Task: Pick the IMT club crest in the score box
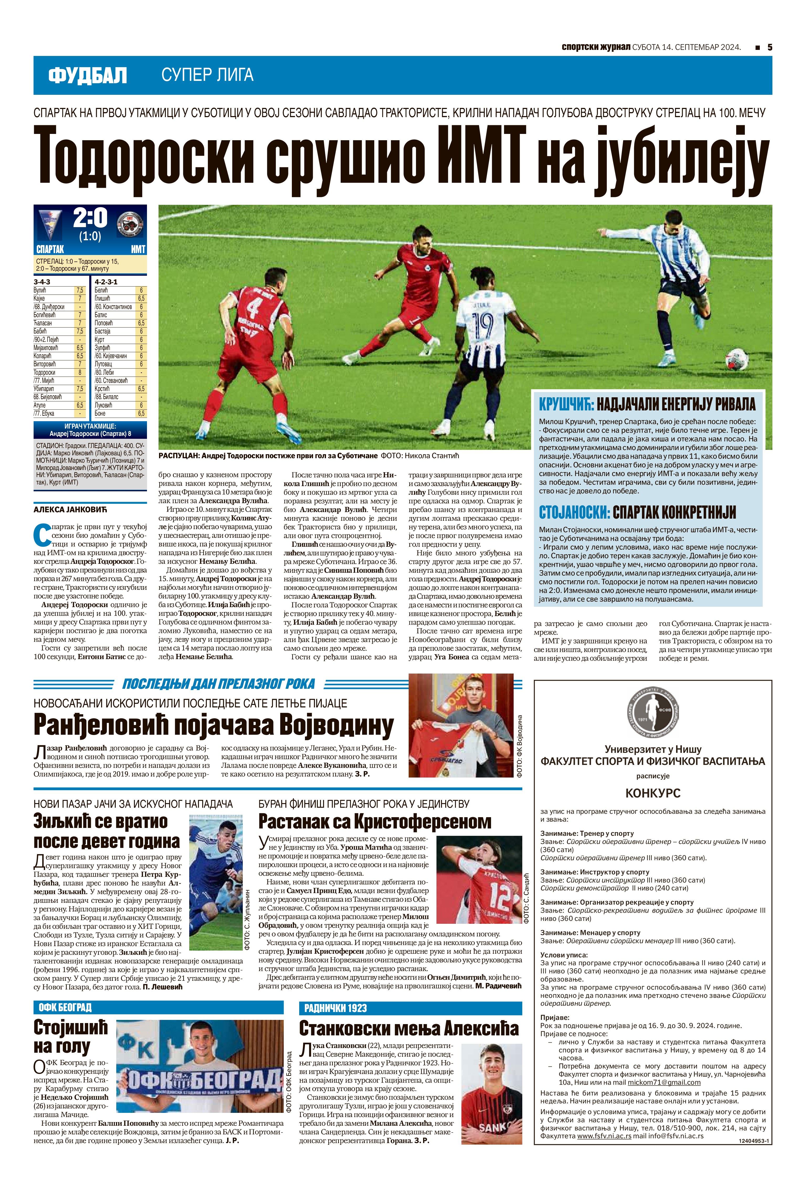tap(130, 225)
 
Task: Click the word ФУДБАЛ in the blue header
tap(87, 76)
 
